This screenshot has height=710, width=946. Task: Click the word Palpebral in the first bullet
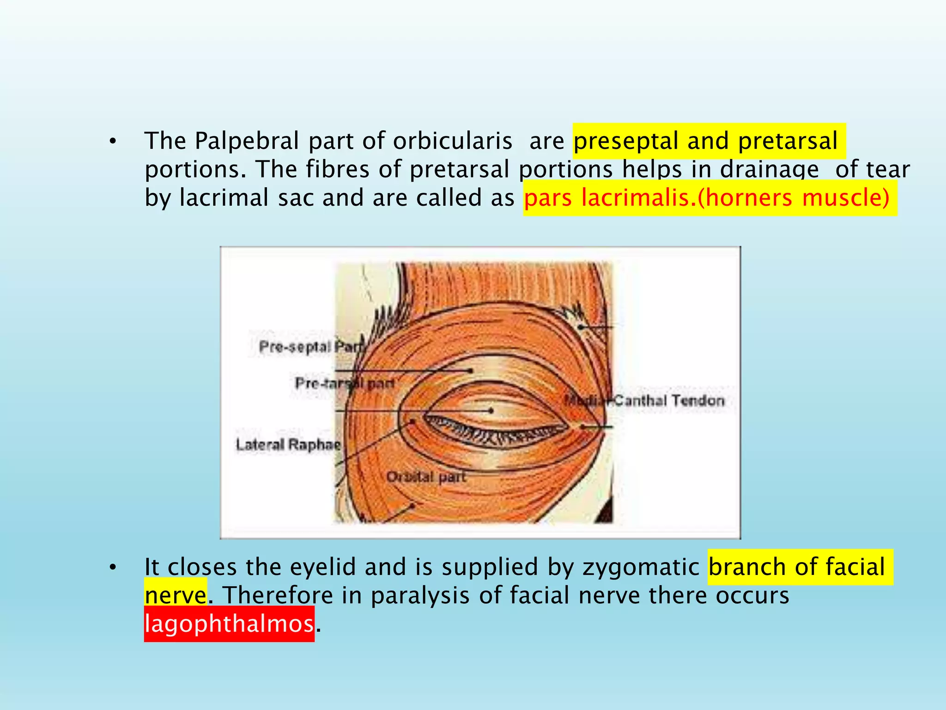coord(247,141)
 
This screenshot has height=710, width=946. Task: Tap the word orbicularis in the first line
coord(452,141)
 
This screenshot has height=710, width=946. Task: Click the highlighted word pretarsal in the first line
coord(788,141)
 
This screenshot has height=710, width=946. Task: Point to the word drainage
coord(769,169)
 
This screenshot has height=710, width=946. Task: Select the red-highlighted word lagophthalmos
coord(229,624)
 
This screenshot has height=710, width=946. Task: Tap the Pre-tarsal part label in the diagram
coord(345,383)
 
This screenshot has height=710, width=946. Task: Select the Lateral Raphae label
coord(288,445)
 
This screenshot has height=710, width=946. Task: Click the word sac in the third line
coord(295,198)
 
